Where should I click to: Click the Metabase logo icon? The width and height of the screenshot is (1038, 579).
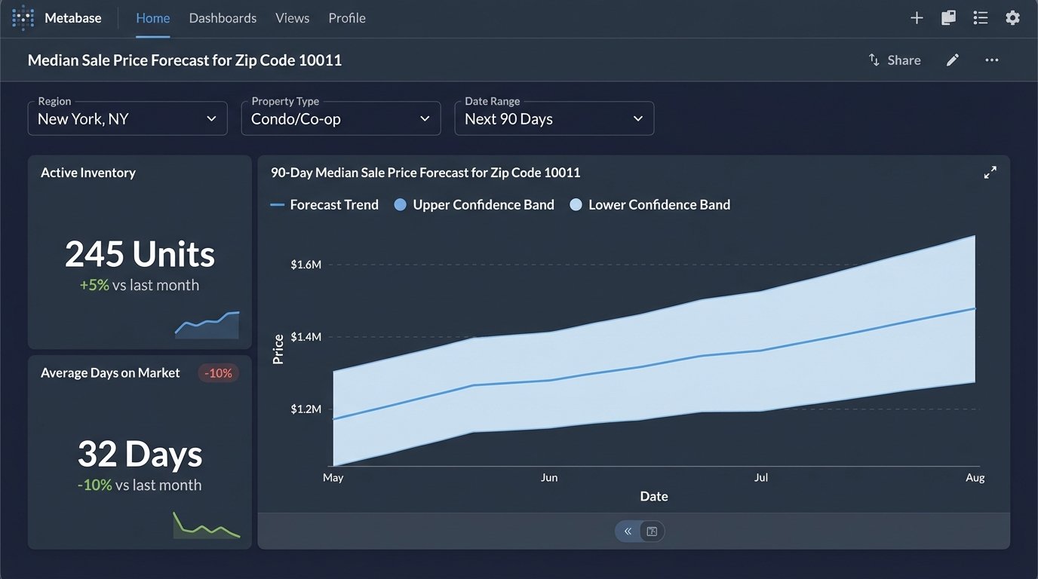[x=23, y=18]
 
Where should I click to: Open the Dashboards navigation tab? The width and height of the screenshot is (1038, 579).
[x=223, y=18]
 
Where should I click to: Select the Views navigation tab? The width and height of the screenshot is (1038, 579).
[x=292, y=18]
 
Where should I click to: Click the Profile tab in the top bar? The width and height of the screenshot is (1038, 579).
[x=347, y=18]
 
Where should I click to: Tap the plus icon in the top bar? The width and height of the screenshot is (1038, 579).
[x=917, y=18]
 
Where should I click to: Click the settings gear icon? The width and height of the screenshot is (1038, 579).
[x=1012, y=18]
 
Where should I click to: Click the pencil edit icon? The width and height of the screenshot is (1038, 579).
[x=953, y=60]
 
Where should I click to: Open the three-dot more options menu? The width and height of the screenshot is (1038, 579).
[x=992, y=60]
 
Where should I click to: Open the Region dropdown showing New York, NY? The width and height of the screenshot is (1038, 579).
[x=127, y=119]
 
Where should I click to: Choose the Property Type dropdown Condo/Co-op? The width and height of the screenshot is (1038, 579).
[x=341, y=119]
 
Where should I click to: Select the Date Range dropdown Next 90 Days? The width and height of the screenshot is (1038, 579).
[x=554, y=119]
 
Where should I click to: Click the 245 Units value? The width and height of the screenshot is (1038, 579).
[x=140, y=254]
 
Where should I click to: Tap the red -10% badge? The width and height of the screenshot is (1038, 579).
[x=219, y=373]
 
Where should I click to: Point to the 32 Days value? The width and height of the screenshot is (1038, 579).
[x=140, y=454]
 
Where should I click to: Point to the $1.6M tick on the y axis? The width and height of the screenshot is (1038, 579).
[x=306, y=265]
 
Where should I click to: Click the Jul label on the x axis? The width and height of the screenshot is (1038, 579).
[x=761, y=478]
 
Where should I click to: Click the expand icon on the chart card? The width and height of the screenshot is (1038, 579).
[x=990, y=173]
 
